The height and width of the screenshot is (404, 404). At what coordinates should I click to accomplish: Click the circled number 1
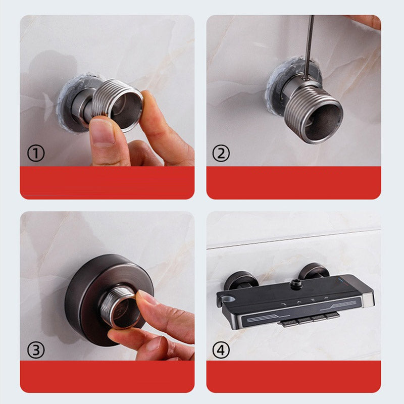pyautogui.click(x=36, y=154)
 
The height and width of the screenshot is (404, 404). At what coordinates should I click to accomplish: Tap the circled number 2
pyautogui.click(x=221, y=154)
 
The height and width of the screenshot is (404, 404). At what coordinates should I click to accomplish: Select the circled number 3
pyautogui.click(x=36, y=350)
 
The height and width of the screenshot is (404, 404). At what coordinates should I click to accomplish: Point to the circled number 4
pyautogui.click(x=221, y=350)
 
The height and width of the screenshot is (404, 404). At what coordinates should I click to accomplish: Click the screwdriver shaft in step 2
pyautogui.click(x=309, y=47)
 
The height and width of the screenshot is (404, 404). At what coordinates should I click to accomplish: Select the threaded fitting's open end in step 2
pyautogui.click(x=323, y=122)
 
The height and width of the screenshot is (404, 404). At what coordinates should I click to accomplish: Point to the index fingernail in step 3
pyautogui.click(x=146, y=297)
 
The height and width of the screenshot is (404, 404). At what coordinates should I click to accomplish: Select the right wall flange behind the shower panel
pyautogui.click(x=315, y=270)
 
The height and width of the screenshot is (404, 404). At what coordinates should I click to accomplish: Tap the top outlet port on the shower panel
pyautogui.click(x=295, y=284)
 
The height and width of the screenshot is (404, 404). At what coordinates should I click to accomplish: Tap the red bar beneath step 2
pyautogui.click(x=294, y=183)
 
